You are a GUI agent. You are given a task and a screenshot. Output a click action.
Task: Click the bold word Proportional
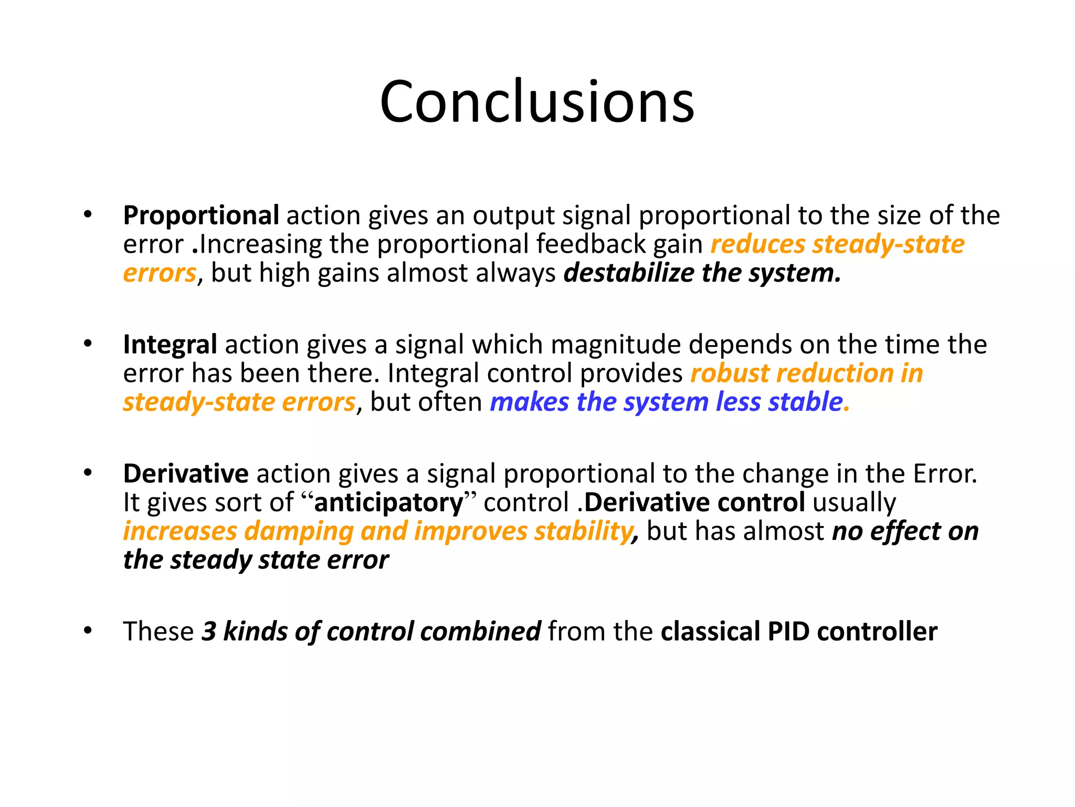point(201,216)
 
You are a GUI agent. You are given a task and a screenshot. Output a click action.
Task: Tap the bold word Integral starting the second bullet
point(170,345)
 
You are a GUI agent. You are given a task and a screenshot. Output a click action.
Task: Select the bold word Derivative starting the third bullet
point(185,474)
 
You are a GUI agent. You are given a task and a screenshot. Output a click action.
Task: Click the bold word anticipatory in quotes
point(388,503)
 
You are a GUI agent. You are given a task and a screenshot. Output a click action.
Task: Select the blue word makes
point(529,402)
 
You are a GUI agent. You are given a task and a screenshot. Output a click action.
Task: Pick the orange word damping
point(299,531)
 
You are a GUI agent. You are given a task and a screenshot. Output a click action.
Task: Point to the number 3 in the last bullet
point(209,632)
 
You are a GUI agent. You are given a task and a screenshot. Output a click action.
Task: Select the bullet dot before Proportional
point(88,214)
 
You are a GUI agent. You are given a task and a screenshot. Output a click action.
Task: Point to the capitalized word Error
point(945,474)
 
